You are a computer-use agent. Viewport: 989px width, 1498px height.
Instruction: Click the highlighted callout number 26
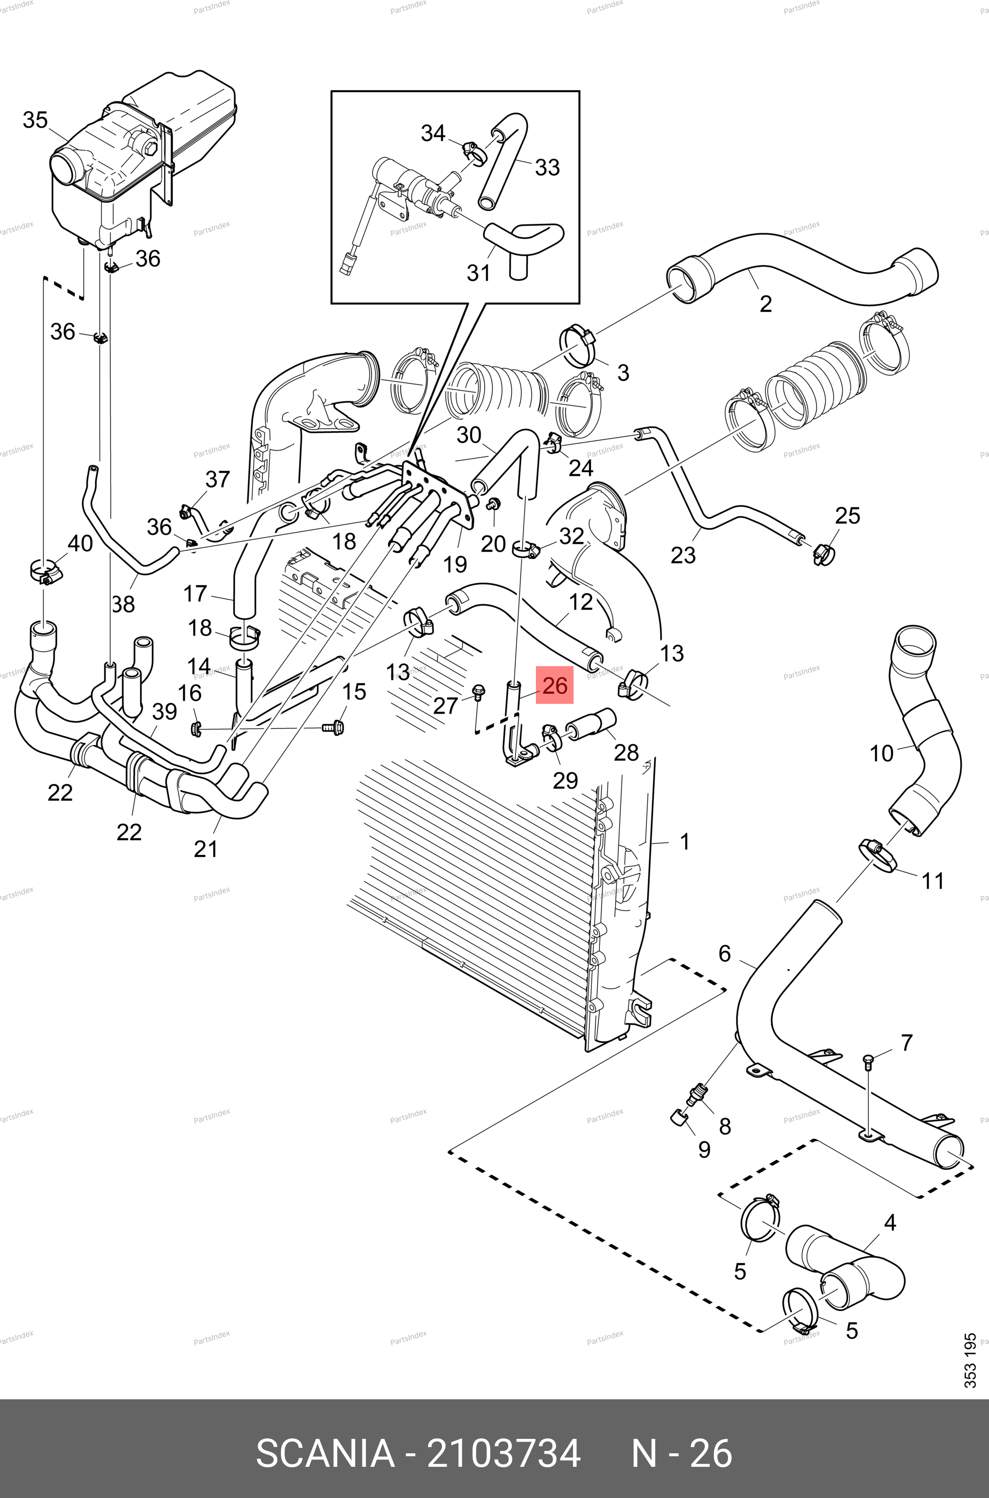(555, 685)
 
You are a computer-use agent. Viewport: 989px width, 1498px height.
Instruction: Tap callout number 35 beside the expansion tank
(35, 120)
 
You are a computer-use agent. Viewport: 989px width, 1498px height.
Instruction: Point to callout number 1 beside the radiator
(685, 842)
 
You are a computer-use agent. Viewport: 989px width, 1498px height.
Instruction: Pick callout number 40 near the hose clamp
(80, 543)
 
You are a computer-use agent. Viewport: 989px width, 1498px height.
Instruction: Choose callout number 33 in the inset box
(547, 167)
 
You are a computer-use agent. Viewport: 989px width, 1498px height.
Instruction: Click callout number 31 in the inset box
(479, 273)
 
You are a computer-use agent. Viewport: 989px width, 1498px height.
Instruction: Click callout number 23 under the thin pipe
(682, 555)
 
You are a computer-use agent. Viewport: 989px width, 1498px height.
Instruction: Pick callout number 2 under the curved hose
(766, 304)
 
